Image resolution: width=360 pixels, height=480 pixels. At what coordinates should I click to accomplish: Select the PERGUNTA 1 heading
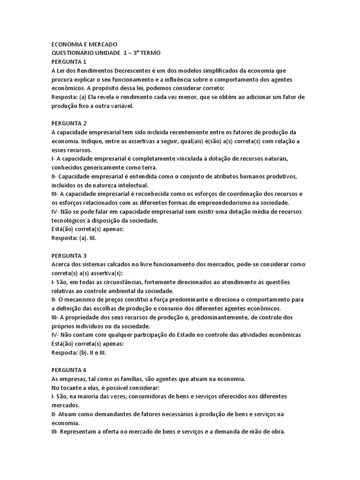click(x=69, y=61)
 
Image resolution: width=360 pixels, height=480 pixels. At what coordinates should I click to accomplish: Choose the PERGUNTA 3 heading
click(x=69, y=255)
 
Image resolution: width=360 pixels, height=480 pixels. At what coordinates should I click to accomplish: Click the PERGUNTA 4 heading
click(x=69, y=370)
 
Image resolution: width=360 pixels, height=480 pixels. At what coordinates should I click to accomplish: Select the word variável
click(x=121, y=106)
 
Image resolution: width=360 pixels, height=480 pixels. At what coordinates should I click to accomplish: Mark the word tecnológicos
click(x=71, y=220)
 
